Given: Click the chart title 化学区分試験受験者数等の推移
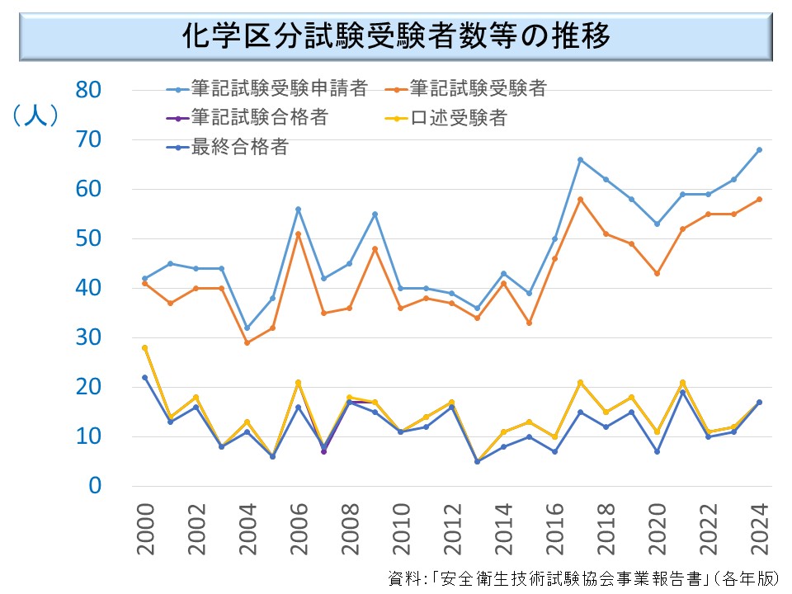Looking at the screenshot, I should coord(395,37).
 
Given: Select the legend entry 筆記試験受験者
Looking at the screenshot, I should coord(478,88).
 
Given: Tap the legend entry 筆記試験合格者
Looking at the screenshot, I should coord(259,118).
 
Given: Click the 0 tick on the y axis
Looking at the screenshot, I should coord(97,486).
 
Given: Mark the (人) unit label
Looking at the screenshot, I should coord(35,116).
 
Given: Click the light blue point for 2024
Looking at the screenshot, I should coord(759,150).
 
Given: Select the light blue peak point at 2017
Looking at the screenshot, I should coord(580,160).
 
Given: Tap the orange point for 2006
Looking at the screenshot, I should coord(299,234).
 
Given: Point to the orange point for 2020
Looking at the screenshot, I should coord(657,274).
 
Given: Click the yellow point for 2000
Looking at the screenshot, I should coord(145,348).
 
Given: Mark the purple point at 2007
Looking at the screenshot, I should coord(324,451).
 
